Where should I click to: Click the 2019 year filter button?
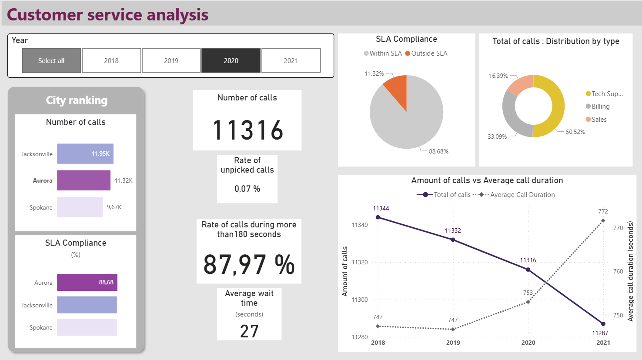tap(171, 60)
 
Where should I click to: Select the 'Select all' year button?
tap(51, 60)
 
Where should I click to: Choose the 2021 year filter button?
tap(291, 60)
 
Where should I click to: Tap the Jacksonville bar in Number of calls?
tap(85, 153)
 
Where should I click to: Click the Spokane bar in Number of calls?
tap(80, 207)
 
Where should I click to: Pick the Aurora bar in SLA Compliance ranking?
tap(87, 282)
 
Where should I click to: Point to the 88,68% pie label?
tap(438, 151)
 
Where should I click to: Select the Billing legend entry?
tap(600, 107)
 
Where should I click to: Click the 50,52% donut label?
tap(575, 132)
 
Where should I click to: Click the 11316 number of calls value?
tap(247, 130)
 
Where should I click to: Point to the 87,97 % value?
tap(249, 264)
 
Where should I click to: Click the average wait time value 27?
tap(249, 331)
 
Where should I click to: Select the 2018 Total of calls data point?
tap(378, 217)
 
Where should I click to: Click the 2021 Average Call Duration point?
tap(603, 221)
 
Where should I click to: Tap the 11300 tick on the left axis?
tap(359, 300)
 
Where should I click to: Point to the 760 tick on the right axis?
tap(618, 271)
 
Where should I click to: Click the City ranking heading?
tap(77, 100)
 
